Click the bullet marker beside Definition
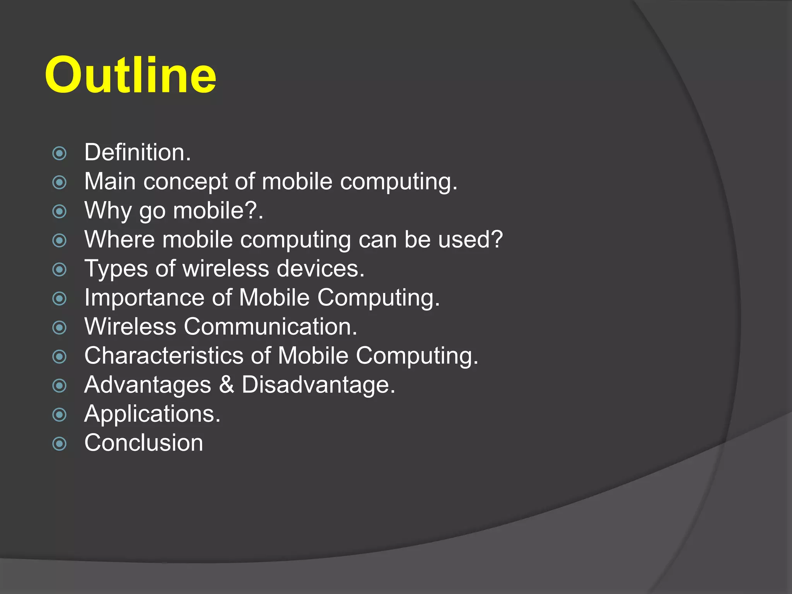click(x=59, y=153)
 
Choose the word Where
click(x=119, y=239)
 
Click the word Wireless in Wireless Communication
click(x=130, y=326)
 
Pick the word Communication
click(x=270, y=326)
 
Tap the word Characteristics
click(x=164, y=355)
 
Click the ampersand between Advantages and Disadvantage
click(x=227, y=385)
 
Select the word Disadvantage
click(x=318, y=385)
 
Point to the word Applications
click(x=152, y=414)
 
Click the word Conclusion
click(x=143, y=443)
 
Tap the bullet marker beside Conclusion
click(x=59, y=444)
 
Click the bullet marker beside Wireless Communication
click(x=59, y=328)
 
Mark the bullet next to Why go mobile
click(x=59, y=211)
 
